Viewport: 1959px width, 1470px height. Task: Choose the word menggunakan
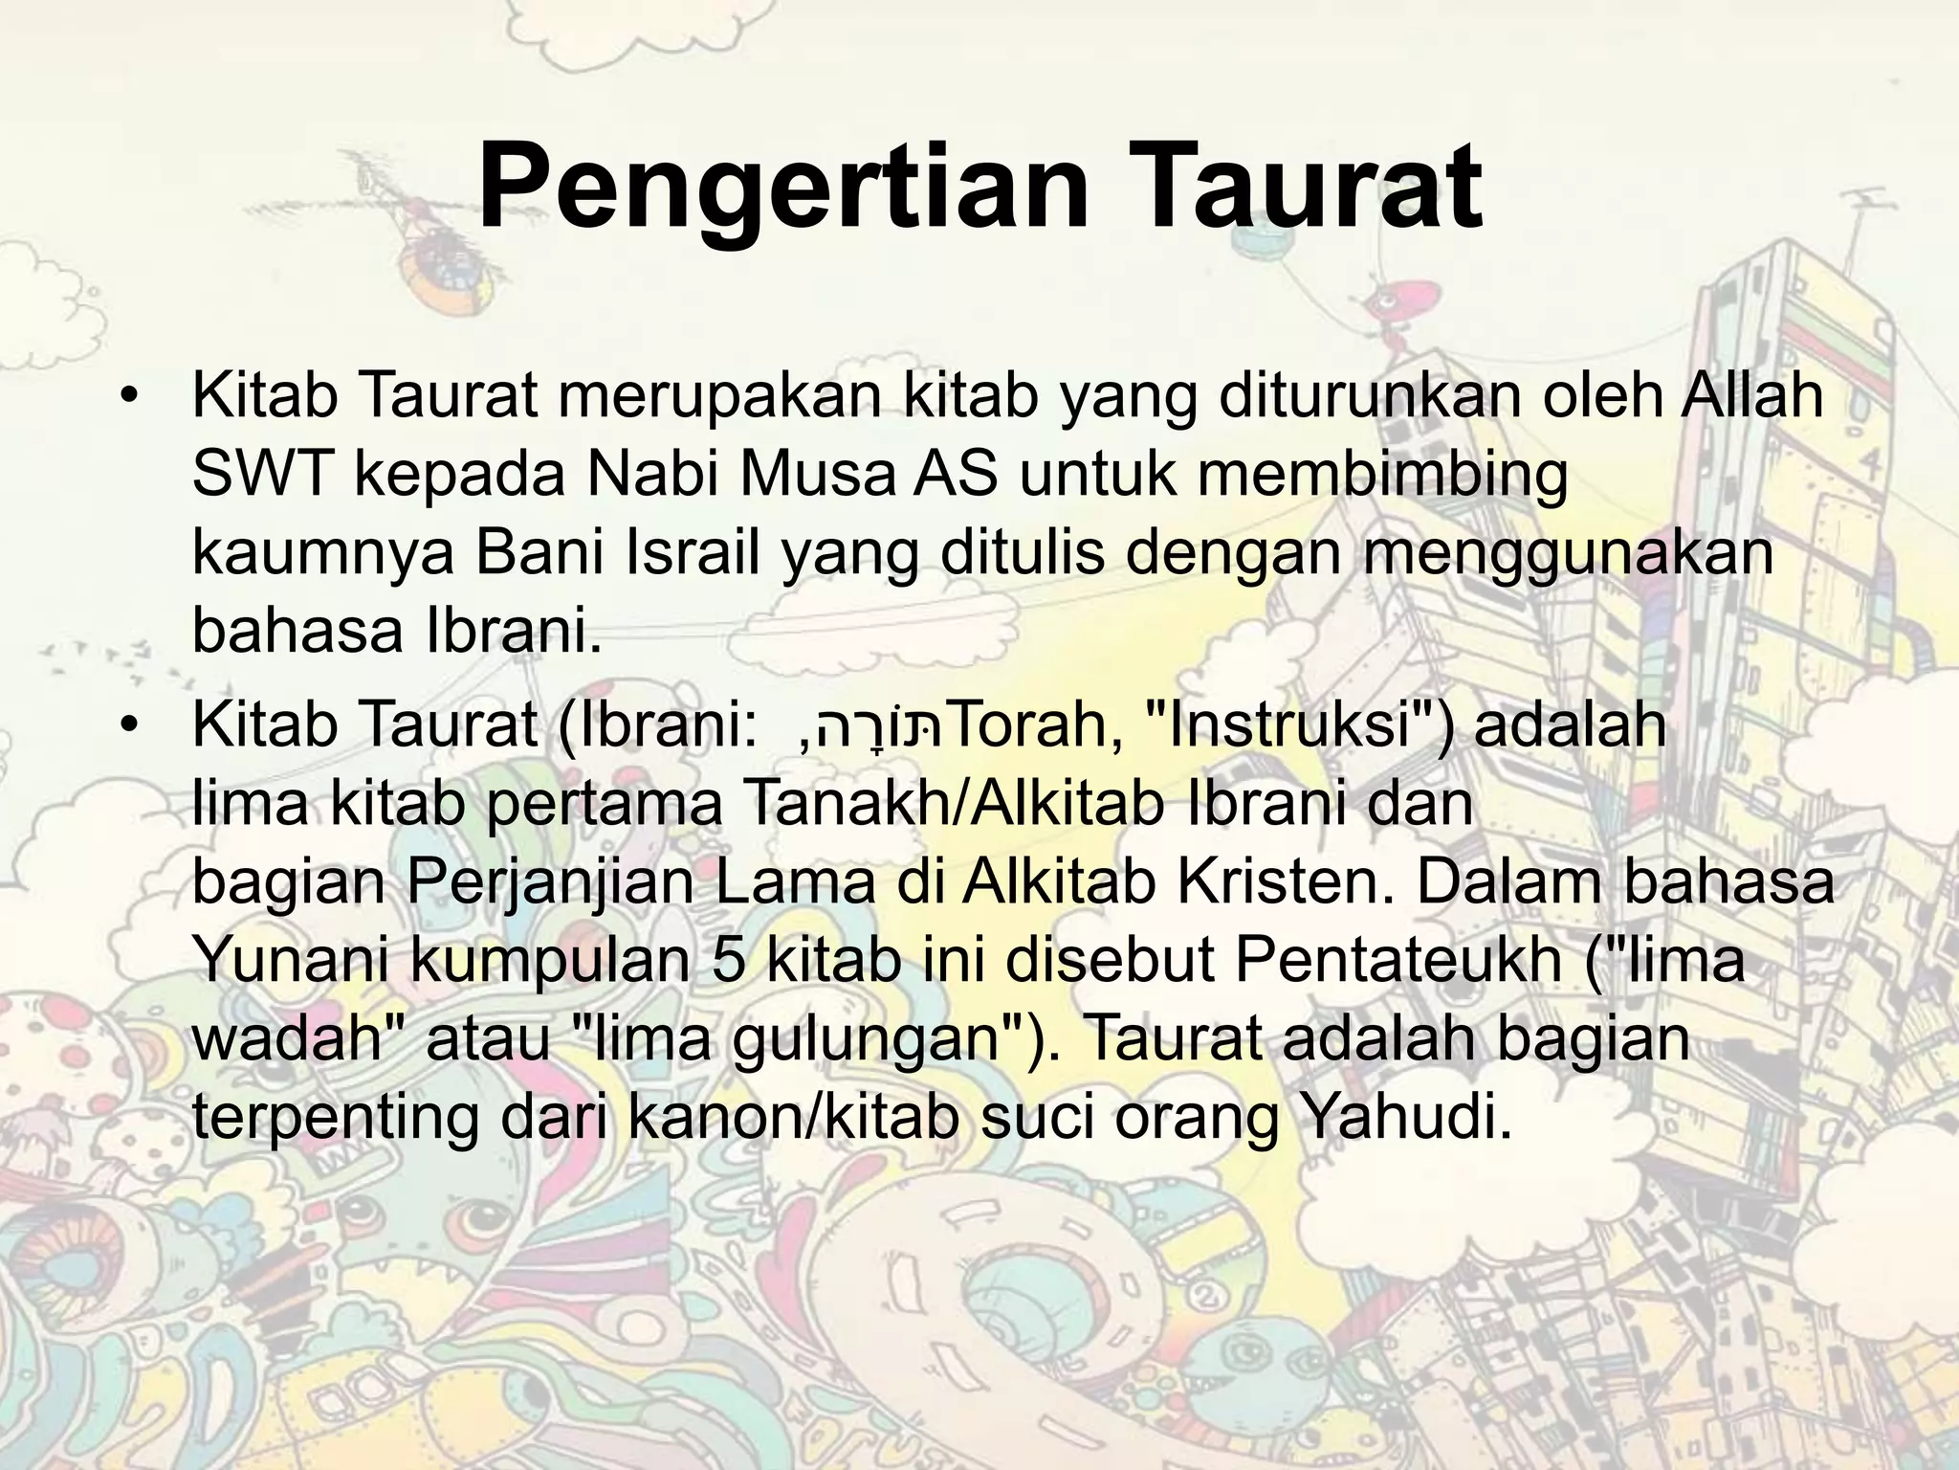pyautogui.click(x=1567, y=555)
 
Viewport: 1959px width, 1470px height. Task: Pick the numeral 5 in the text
pyautogui.click(x=729, y=962)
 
